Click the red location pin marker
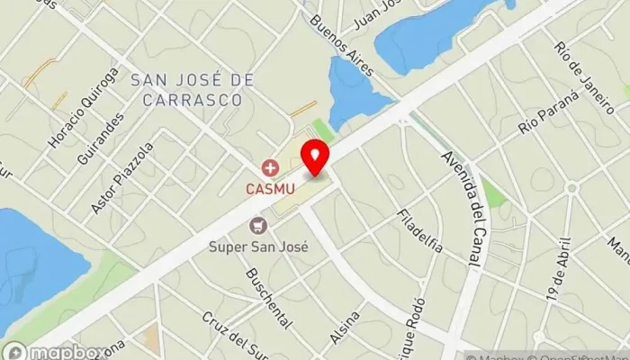pyautogui.click(x=314, y=158)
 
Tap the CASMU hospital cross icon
pyautogui.click(x=267, y=167)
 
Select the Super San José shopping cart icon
pyautogui.click(x=259, y=225)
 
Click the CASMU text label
pyautogui.click(x=267, y=189)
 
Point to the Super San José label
pyautogui.click(x=259, y=246)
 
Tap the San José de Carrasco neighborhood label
pyautogui.click(x=187, y=90)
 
